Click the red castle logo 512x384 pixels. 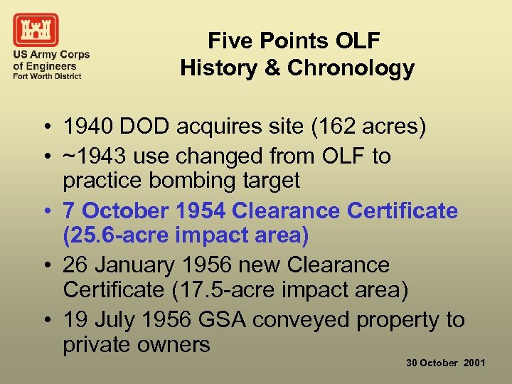click(36, 30)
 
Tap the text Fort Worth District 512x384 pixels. click(47, 76)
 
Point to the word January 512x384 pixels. click(136, 265)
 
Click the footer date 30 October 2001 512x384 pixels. click(445, 363)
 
